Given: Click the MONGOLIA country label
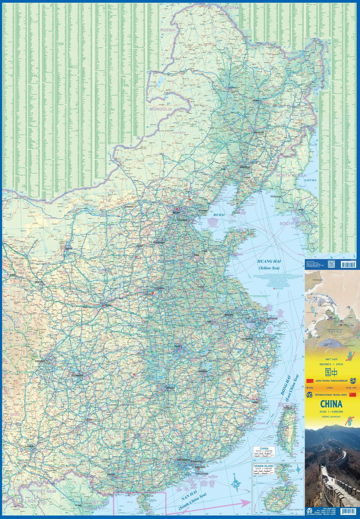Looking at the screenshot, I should (161, 109).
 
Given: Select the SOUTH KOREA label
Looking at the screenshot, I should (293, 224).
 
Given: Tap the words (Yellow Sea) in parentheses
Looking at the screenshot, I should (269, 269).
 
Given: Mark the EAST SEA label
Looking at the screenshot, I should (311, 180).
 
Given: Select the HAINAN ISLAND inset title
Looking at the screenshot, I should (264, 466).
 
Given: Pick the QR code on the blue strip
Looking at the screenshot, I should (331, 264).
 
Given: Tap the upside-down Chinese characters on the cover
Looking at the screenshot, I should (331, 372).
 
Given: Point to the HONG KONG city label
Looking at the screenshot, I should (201, 474).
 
